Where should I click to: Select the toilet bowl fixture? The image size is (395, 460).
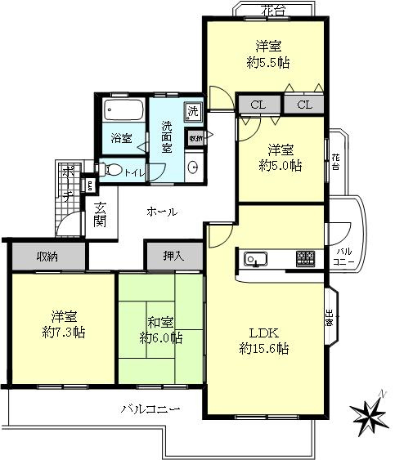click(x=114, y=170)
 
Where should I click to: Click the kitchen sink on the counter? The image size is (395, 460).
click(x=254, y=260)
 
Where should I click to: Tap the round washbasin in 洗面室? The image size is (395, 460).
click(x=192, y=167)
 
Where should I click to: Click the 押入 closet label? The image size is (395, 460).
click(x=173, y=256)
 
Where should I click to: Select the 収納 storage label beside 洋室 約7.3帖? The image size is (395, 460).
click(x=47, y=257)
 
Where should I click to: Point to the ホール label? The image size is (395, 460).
click(x=162, y=212)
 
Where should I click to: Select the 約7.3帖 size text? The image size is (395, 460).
click(x=64, y=332)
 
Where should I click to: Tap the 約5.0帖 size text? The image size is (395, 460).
click(x=280, y=165)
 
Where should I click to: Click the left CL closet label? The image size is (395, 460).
click(x=258, y=105)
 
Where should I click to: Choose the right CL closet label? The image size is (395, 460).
click(x=304, y=105)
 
